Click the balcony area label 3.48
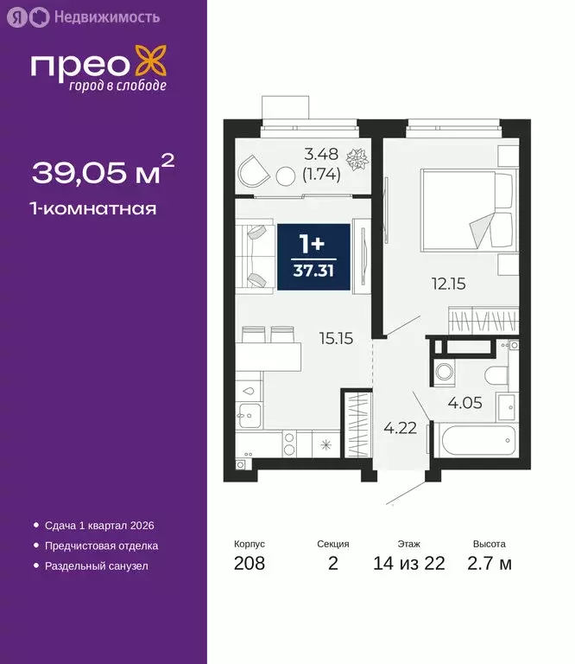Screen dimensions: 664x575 pos(320,156)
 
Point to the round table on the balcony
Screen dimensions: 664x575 pos(286,176)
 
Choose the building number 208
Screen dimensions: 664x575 pos(250,564)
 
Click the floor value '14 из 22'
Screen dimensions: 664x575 pos(410,564)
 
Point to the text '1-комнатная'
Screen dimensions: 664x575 pos(94,208)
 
